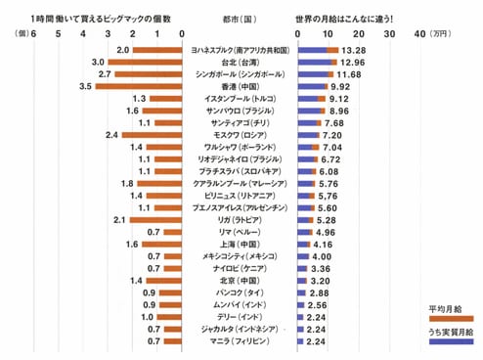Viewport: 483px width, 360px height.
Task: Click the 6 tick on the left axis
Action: tap(34, 33)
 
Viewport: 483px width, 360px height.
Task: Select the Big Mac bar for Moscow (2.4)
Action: tap(152, 134)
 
